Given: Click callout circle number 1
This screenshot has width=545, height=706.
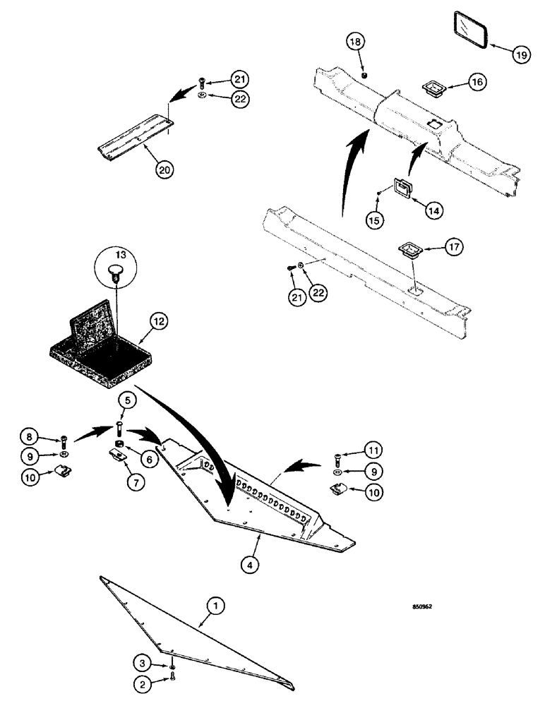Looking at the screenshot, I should (x=216, y=605).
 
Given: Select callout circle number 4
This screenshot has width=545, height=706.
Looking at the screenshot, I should (x=248, y=563).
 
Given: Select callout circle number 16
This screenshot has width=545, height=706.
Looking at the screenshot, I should (x=477, y=82).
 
